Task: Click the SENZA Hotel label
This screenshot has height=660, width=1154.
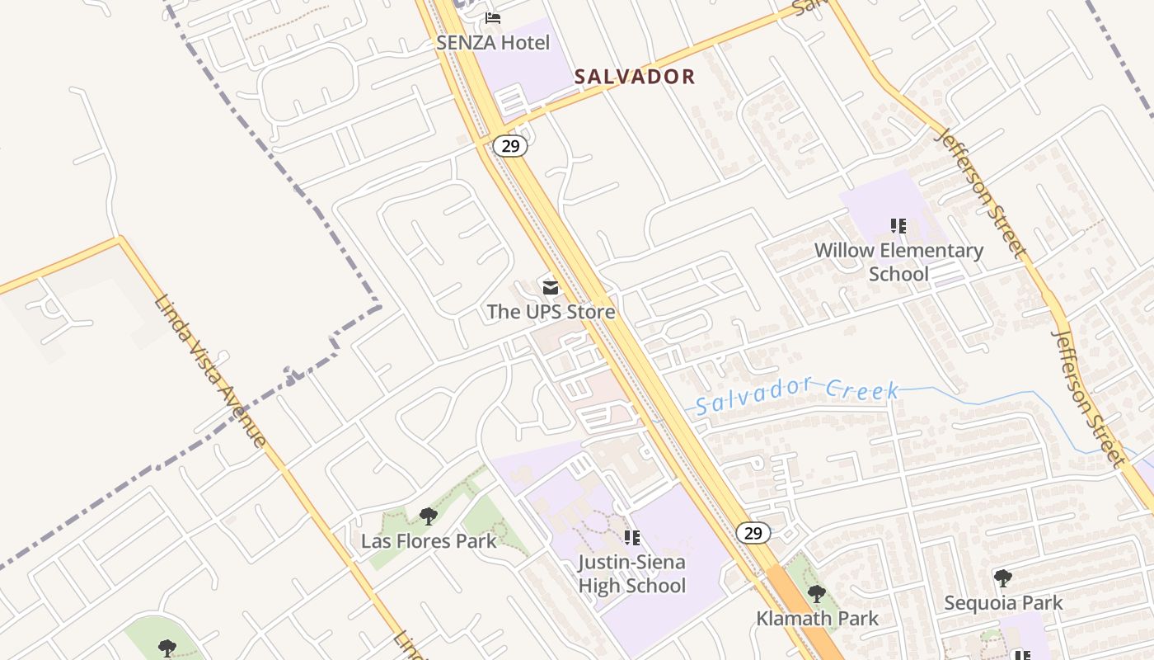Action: [494, 42]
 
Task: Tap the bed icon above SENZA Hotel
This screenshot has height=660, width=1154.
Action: [493, 17]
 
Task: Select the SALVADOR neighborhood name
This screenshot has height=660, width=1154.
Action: [635, 77]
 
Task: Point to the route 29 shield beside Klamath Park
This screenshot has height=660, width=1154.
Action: [753, 533]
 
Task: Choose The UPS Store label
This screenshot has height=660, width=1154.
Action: [551, 311]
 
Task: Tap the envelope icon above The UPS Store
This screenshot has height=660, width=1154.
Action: [550, 287]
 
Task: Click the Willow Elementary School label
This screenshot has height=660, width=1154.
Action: [898, 262]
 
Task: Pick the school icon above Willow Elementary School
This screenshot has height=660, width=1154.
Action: [898, 225]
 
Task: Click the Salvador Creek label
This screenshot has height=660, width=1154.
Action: [796, 394]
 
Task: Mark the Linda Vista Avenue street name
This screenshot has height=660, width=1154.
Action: [210, 370]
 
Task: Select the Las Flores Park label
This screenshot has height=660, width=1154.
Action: [429, 541]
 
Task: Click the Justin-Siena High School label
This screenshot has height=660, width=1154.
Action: [632, 573]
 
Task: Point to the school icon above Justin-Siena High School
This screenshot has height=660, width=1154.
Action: [632, 538]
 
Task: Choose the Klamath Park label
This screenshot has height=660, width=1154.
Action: [817, 618]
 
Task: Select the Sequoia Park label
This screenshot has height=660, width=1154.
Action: [1003, 602]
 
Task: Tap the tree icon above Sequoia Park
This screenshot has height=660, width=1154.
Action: [1002, 577]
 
